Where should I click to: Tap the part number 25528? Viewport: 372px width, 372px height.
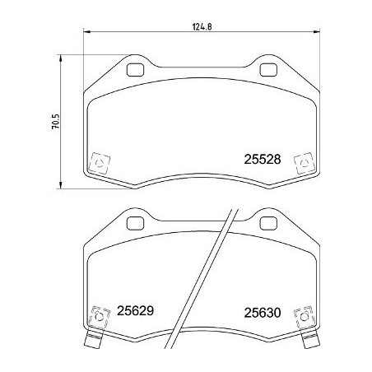tap(263, 162)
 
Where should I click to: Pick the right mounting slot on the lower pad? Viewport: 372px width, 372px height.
tap(267, 223)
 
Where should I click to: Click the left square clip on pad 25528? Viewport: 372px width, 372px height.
tap(100, 162)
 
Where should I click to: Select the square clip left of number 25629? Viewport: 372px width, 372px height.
tap(100, 315)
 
